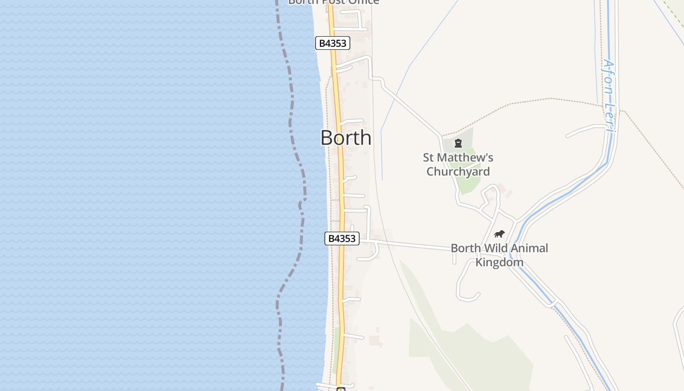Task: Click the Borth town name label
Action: [x=345, y=138]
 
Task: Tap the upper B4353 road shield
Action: [x=332, y=43]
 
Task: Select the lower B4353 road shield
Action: [x=342, y=239]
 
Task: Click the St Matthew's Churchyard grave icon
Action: [x=458, y=143]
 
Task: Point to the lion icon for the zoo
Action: [x=499, y=234]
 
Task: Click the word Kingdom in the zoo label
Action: [x=499, y=262]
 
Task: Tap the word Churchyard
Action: [x=458, y=172]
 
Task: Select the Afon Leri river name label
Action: [x=609, y=95]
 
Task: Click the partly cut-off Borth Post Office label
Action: [x=334, y=2]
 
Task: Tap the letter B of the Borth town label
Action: [x=326, y=138]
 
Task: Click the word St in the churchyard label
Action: [x=428, y=158]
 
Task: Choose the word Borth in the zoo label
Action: [x=466, y=248]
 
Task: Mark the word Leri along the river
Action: [x=609, y=116]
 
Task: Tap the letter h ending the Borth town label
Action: [x=365, y=138]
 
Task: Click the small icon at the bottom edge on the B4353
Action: [x=341, y=389]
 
